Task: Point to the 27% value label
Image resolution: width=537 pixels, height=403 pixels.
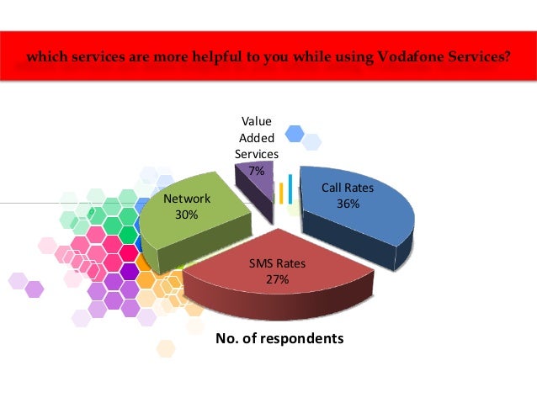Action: [x=277, y=279]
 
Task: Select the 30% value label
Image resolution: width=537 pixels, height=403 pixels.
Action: [x=186, y=215]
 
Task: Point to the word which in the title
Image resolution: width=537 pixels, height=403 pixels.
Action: [x=47, y=59]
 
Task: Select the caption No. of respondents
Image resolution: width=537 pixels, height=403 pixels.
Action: [x=280, y=339]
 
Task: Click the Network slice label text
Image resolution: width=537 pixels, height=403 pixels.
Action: [x=187, y=199]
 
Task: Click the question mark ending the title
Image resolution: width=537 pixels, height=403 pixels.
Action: [x=508, y=59]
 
